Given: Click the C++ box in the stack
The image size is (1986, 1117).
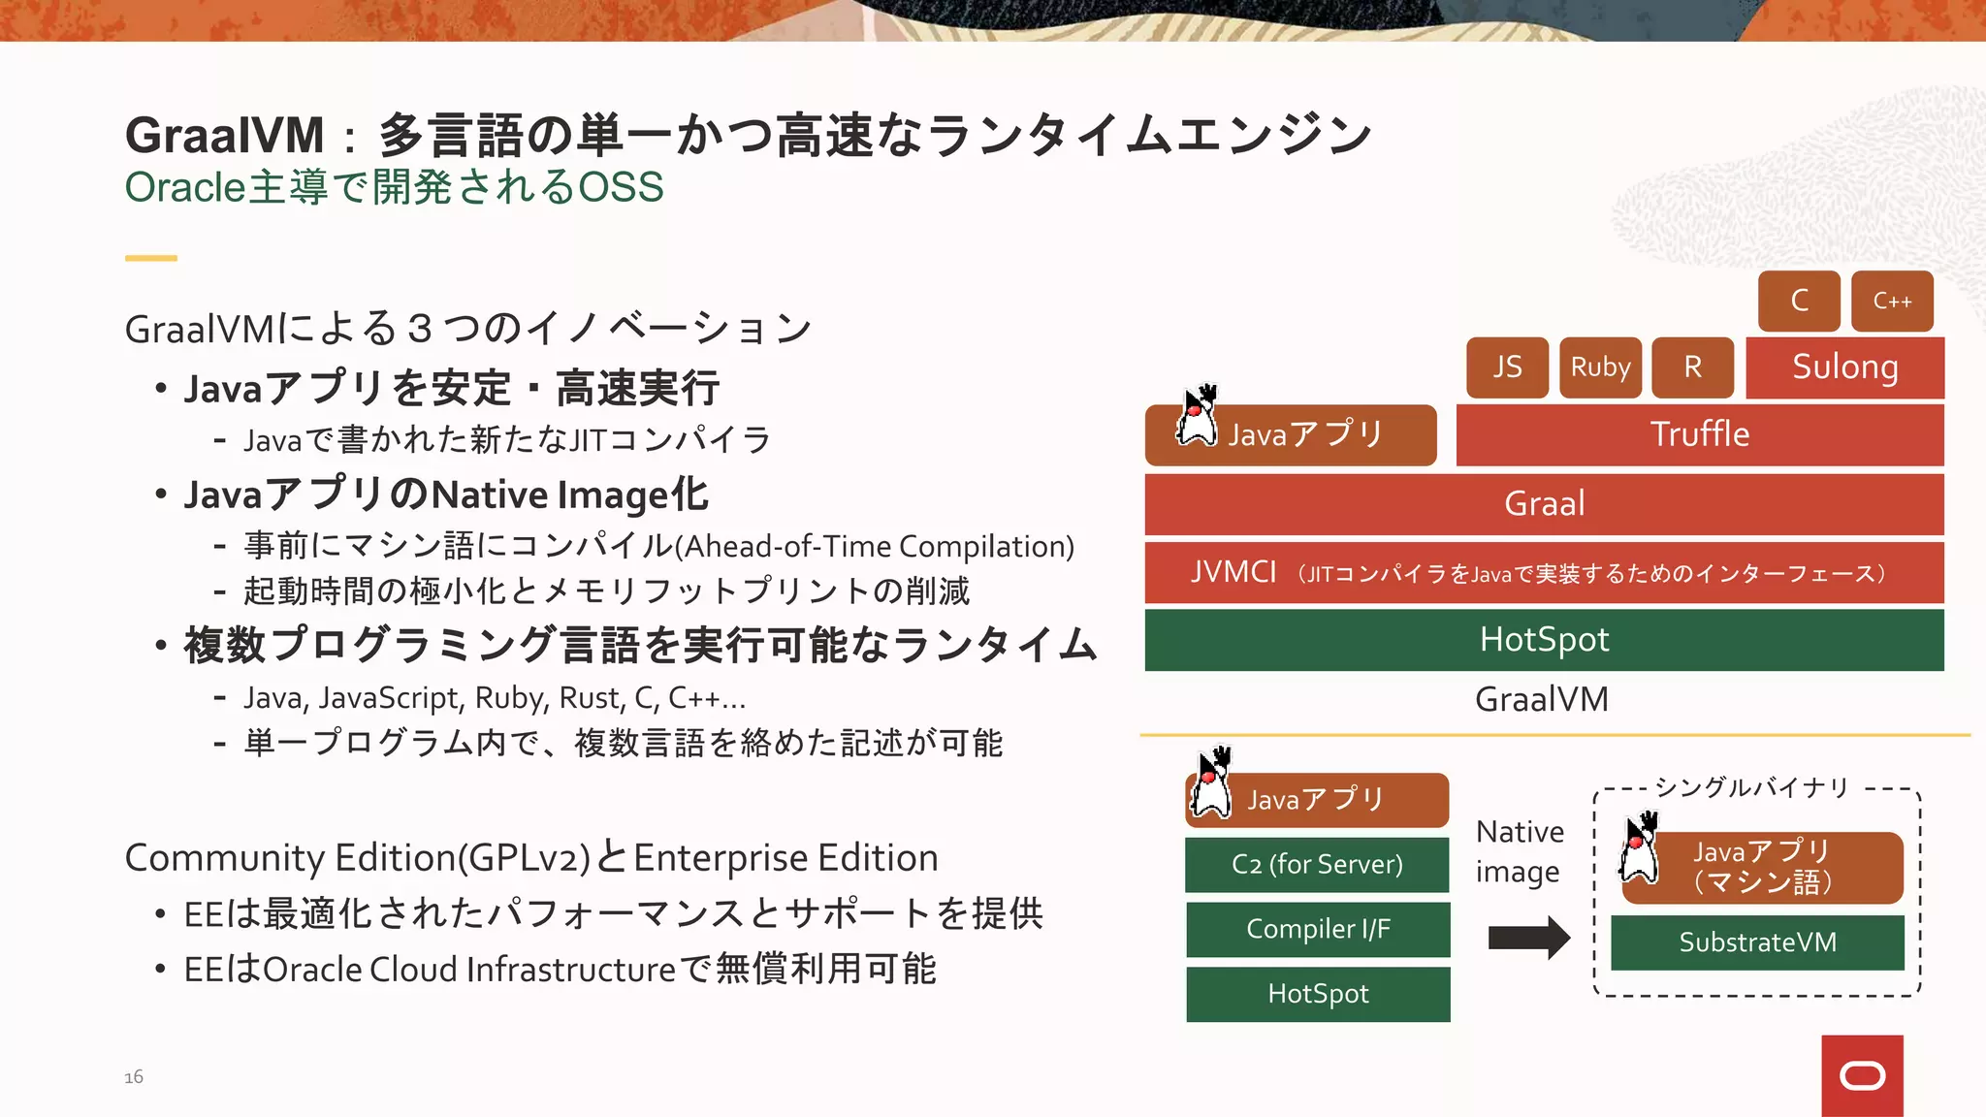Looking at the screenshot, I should point(1892,302).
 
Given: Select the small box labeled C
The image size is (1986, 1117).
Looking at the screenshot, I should point(1799,302).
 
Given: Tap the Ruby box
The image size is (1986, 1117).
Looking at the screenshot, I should point(1600,367).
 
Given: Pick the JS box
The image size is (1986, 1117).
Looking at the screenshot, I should point(1507,367).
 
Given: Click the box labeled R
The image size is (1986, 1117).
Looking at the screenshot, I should point(1692,367).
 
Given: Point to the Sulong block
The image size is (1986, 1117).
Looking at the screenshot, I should point(1844,367).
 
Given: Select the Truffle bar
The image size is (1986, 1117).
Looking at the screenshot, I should point(1699,434).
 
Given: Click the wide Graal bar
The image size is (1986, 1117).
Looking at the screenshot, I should point(1544,504).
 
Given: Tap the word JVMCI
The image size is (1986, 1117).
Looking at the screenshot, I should point(1233,572).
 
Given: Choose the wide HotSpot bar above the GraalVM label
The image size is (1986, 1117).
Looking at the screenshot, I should point(1544,640).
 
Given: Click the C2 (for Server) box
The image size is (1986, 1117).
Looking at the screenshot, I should point(1317,864).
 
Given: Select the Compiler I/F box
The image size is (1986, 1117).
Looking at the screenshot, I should point(1317,929).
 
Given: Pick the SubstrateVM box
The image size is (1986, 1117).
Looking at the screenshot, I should point(1757,942).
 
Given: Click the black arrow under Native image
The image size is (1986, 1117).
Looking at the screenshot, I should point(1528,938).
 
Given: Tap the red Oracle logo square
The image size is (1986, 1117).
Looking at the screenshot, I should point(1862,1075).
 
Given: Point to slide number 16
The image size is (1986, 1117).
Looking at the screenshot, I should point(134,1077).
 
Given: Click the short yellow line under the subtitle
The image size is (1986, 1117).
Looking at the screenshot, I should point(150,258).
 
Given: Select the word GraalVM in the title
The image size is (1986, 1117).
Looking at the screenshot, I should point(225,135).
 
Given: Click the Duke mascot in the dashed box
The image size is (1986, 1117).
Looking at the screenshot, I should point(1641,848).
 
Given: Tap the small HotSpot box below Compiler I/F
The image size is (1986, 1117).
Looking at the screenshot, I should point(1317,994).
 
